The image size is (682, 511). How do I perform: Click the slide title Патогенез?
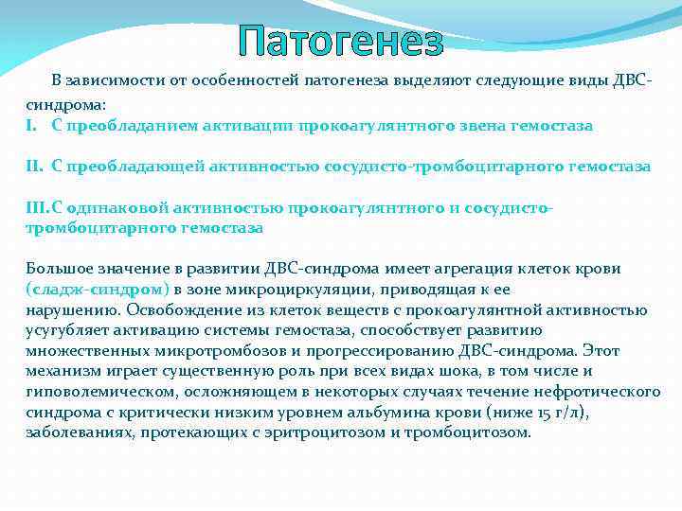tap(340, 42)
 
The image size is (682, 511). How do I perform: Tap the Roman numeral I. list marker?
tap(31, 125)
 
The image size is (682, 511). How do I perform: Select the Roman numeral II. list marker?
tap(34, 166)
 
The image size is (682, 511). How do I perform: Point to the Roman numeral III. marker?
tap(37, 207)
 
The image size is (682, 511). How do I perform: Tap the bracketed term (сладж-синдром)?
tap(98, 288)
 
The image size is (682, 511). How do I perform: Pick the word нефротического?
tap(603, 391)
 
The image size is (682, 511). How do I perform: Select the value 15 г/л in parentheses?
tap(544, 412)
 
